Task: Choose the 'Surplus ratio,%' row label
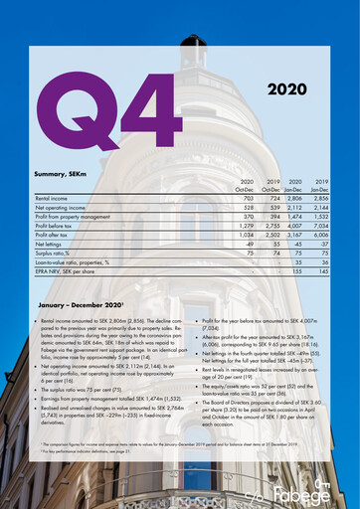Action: (57, 252)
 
